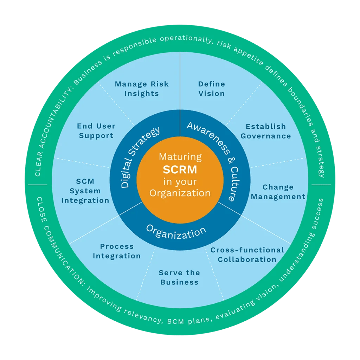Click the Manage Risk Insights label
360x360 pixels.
point(142,89)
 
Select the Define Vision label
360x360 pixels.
point(211,89)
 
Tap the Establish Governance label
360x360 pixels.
point(266,131)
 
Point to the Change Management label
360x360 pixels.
point(278,192)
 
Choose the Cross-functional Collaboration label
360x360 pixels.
point(247,255)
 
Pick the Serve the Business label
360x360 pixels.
point(179,277)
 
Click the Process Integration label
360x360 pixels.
point(117,251)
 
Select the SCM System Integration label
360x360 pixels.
point(85,191)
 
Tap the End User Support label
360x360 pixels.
point(96,131)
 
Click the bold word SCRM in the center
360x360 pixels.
point(180,169)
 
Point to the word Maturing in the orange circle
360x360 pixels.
point(180,157)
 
